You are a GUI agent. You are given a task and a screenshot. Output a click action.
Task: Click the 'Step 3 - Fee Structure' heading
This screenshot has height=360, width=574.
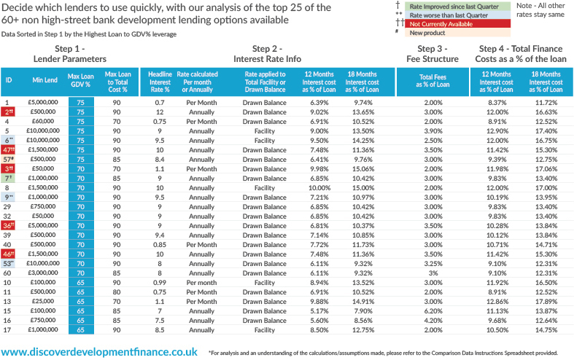(433, 53)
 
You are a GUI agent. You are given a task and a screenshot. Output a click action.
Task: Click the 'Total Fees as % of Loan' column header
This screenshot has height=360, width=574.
(433, 80)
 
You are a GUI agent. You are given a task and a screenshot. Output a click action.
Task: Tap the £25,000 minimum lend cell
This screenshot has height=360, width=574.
(42, 300)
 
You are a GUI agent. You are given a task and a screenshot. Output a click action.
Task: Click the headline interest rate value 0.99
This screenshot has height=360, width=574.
(160, 281)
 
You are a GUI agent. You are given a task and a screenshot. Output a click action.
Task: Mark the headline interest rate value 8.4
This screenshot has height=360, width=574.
(160, 158)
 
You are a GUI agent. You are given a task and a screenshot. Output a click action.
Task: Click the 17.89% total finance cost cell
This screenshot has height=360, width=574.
(546, 300)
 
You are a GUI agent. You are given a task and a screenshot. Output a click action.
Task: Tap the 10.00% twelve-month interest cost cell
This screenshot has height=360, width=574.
(319, 187)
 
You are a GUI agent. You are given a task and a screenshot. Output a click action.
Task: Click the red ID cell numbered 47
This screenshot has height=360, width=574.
(9, 149)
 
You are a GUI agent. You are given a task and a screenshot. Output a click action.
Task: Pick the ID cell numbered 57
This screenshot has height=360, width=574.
(9, 158)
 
